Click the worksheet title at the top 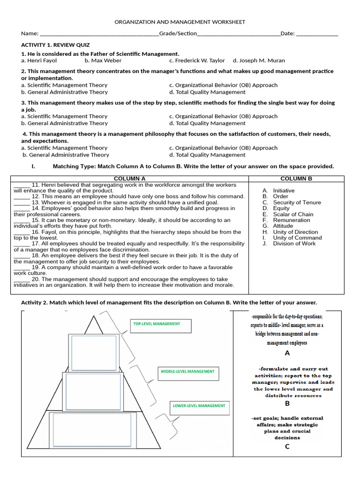coord(180,22)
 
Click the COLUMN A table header coord(130,179)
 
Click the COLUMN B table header coord(296,179)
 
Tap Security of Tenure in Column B coord(297,202)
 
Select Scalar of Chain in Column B coord(293,214)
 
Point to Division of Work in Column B coord(294,244)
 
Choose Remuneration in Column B coord(291,220)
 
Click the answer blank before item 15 coord(22,220)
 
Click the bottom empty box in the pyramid coord(90,429)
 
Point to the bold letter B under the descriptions coord(287,403)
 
